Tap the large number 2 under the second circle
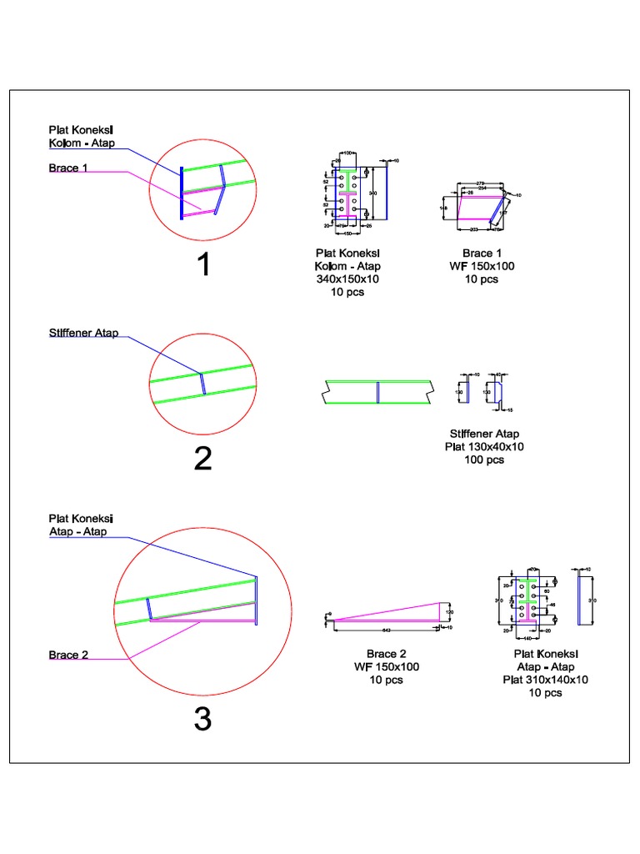[202, 458]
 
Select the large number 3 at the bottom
[202, 718]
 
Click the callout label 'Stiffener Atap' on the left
[82, 334]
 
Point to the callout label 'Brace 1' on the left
[68, 168]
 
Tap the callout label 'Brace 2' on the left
[68, 656]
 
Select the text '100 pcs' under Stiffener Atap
[484, 460]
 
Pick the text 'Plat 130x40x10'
[484, 447]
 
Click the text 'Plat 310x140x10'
[545, 680]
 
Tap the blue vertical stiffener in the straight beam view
[377, 392]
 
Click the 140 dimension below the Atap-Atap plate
[527, 638]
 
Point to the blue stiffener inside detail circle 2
[202, 383]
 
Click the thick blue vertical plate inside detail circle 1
[181, 192]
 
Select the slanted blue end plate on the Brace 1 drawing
[500, 208]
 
